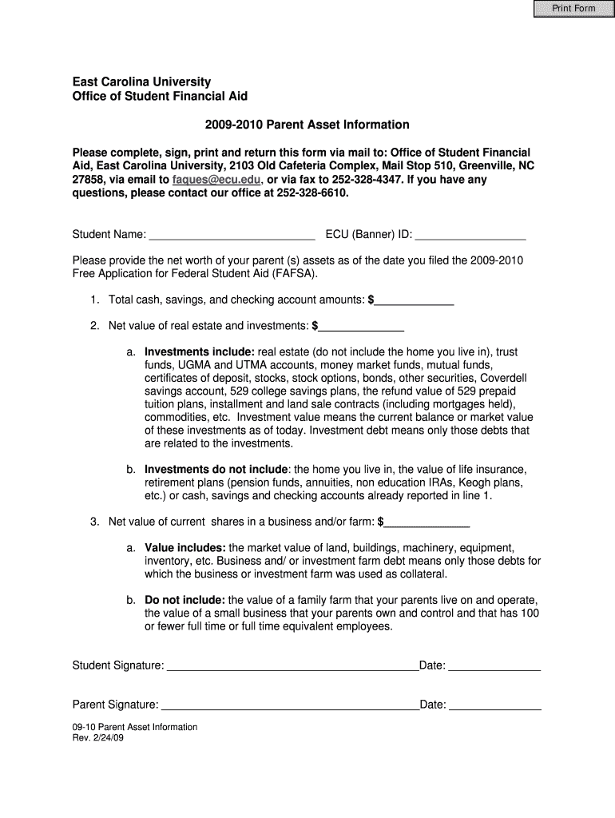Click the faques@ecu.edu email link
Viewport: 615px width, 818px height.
point(216,180)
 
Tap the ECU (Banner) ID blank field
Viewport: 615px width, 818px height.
point(470,234)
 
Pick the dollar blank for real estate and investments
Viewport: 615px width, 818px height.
point(361,326)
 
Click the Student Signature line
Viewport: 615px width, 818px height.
point(292,665)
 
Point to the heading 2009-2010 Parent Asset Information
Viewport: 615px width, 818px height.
point(307,125)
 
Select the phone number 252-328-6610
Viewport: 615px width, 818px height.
point(311,193)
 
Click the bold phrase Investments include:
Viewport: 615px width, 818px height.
point(200,352)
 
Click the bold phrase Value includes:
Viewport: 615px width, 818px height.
point(185,548)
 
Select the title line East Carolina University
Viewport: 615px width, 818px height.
point(142,81)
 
